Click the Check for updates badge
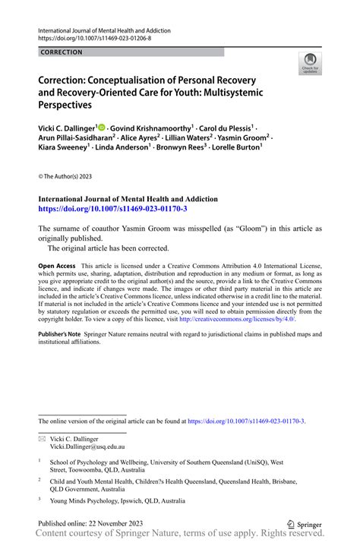click(x=310, y=64)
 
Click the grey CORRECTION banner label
click(x=62, y=52)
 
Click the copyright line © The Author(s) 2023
click(x=66, y=177)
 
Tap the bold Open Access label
click(x=57, y=267)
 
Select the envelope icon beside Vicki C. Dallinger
click(x=42, y=439)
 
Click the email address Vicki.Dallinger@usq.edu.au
click(x=92, y=448)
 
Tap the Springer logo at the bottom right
click(x=303, y=524)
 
